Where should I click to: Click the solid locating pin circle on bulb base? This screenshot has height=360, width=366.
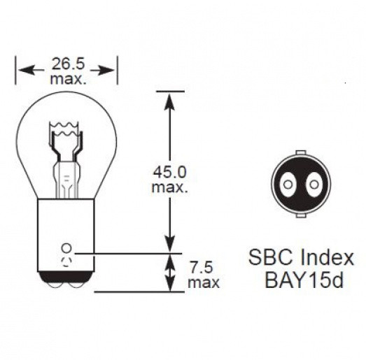[x=66, y=248]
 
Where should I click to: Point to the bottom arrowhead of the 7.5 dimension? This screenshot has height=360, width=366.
[x=168, y=286]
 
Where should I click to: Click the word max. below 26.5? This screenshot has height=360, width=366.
[x=68, y=80]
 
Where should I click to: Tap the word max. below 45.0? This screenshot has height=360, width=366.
[x=169, y=187]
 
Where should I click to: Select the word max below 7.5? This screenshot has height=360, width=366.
[x=203, y=283]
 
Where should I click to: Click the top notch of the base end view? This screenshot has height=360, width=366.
[x=300, y=152]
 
